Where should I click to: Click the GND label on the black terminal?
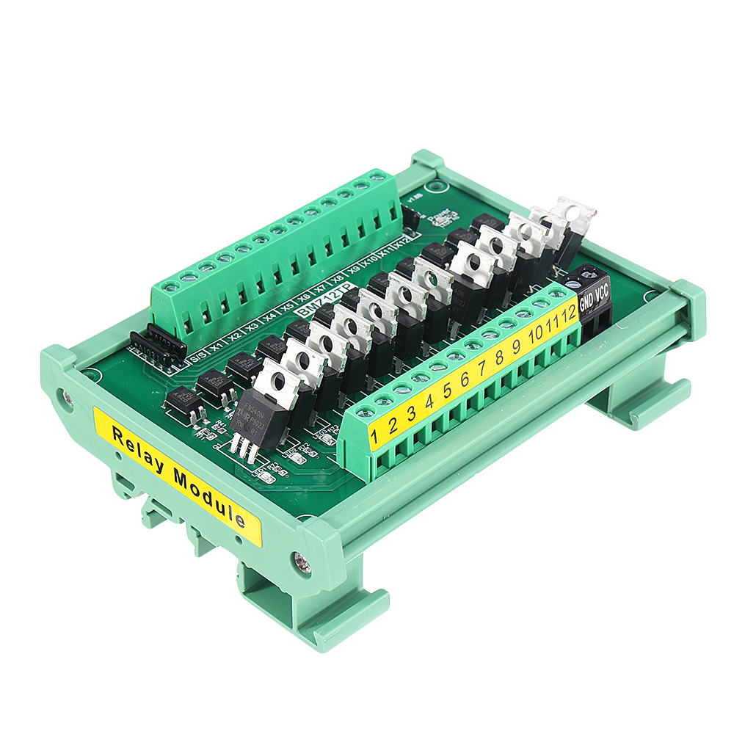pos(586,301)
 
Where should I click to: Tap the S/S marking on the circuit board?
pos(197,358)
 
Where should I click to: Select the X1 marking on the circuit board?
pos(216,347)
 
